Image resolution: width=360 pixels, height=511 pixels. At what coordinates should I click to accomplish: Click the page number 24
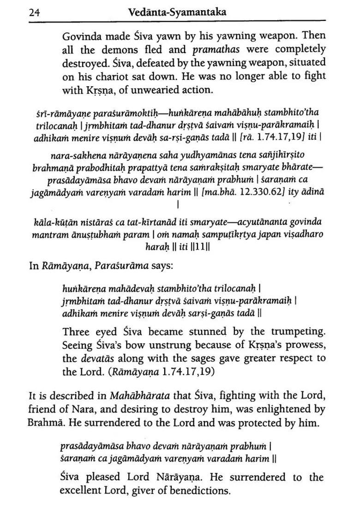click(x=33, y=12)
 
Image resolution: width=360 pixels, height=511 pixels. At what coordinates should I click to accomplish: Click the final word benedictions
click(x=198, y=490)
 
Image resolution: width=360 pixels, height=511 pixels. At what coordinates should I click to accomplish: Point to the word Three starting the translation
click(x=75, y=332)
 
